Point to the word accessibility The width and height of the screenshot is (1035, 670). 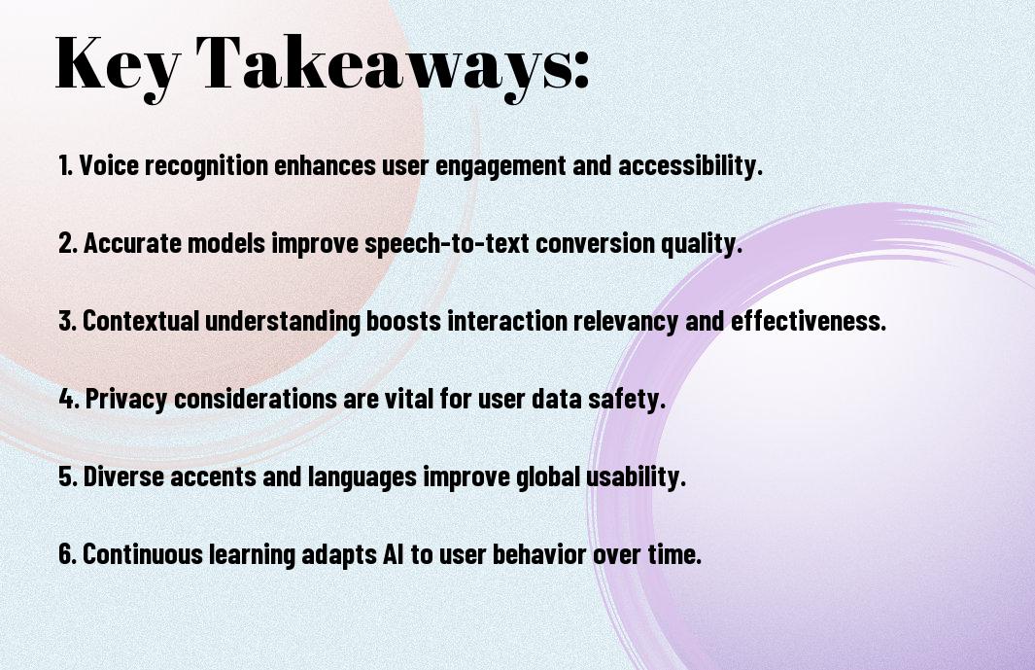[x=690, y=166]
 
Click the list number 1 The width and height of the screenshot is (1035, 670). [x=65, y=165]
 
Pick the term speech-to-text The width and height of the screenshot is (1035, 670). [x=447, y=244]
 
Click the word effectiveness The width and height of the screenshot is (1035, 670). [x=808, y=321]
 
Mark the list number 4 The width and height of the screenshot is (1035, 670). [x=69, y=399]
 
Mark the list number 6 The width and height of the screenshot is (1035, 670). [x=67, y=554]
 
